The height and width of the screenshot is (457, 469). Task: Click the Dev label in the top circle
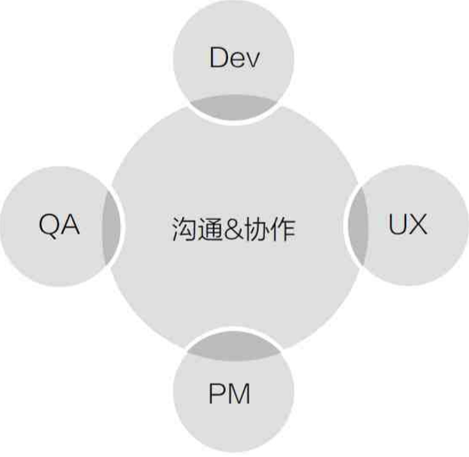coord(234,58)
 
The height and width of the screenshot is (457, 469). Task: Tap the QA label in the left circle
coord(59,226)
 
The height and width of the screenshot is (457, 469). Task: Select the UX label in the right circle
coord(408,225)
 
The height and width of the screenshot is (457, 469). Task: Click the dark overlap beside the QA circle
coord(112,227)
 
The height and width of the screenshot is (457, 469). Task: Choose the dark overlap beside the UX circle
coord(357,227)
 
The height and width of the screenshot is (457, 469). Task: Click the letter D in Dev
coord(219,58)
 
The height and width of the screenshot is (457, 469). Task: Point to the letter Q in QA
coord(49,226)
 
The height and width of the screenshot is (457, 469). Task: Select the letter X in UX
coord(418,225)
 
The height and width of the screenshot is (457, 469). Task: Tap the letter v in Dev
coord(250,60)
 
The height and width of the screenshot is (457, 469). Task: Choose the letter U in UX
coord(398,225)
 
